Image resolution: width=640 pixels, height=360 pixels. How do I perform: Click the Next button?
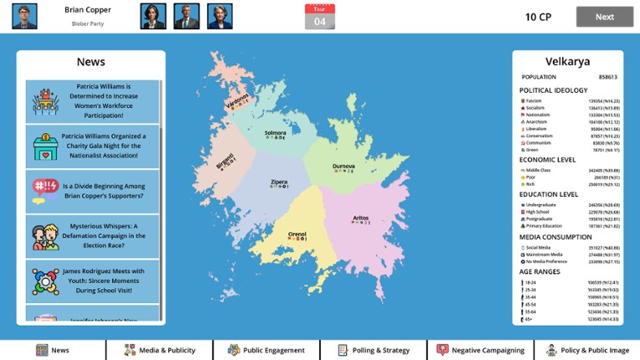tap(604, 17)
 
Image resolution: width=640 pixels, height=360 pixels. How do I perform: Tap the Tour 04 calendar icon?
tap(319, 16)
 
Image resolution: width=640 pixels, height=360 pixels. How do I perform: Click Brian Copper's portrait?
tap(24, 16)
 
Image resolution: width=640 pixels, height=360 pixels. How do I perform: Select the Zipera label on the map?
tap(278, 182)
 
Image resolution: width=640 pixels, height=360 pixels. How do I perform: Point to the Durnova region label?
tap(343, 167)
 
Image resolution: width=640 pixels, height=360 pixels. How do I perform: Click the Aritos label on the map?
tap(360, 218)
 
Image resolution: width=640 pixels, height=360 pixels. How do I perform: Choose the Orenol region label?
tap(297, 234)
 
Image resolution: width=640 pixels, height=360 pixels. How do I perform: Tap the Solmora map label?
tap(276, 133)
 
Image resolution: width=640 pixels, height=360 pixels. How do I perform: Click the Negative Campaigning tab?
tap(480, 350)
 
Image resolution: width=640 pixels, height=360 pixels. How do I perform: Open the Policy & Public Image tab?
tap(587, 350)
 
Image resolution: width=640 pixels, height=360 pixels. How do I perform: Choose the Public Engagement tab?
tap(266, 350)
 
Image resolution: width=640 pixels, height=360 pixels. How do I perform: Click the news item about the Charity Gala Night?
tap(92, 147)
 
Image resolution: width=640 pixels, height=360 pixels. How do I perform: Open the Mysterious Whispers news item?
tap(92, 236)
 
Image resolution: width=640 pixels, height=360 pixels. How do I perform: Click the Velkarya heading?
tap(567, 61)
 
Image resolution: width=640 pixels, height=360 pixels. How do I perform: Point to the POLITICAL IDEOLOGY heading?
tap(553, 90)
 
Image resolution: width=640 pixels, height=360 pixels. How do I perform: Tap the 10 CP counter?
tap(538, 17)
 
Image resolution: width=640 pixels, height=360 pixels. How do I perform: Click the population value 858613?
tap(607, 77)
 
